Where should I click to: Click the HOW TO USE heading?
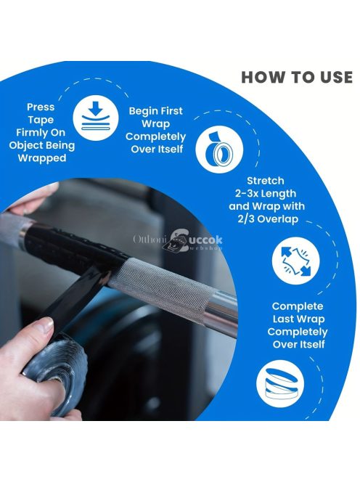[297, 77]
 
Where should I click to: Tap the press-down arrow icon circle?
[96, 118]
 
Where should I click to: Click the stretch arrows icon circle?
[295, 261]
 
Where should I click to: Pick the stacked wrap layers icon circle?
[280, 384]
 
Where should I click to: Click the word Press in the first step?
[41, 107]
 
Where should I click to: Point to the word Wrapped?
[42, 158]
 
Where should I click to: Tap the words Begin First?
[155, 110]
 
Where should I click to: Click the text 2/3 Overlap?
[268, 219]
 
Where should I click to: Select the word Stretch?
[266, 181]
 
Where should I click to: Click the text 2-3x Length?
[266, 193]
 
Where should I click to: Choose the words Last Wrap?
[298, 319]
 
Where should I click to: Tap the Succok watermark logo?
[178, 240]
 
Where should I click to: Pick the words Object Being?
[42, 145]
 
